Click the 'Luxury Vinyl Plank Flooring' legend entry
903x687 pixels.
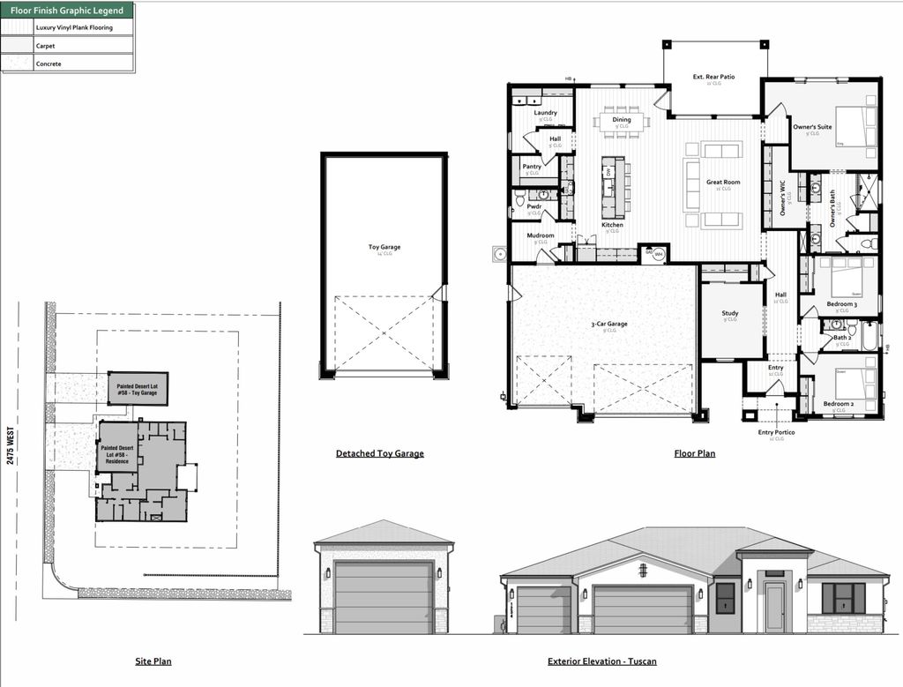click(73, 27)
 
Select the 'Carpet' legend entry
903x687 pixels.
click(45, 45)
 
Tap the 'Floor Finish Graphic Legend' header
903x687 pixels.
click(67, 11)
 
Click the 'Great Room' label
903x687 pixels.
click(723, 183)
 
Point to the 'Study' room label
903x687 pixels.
click(729, 313)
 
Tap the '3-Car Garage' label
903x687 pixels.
click(608, 324)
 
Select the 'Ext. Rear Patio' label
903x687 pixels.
click(713, 78)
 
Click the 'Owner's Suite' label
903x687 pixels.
click(811, 127)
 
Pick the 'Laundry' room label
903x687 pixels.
click(545, 113)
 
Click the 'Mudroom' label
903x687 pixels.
click(541, 235)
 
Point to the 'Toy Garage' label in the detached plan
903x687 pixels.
click(384, 247)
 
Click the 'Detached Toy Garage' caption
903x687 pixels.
click(379, 453)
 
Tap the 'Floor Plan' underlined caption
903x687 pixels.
click(694, 453)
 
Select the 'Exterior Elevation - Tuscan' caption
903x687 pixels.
click(601, 661)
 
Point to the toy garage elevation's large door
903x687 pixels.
click(384, 597)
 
